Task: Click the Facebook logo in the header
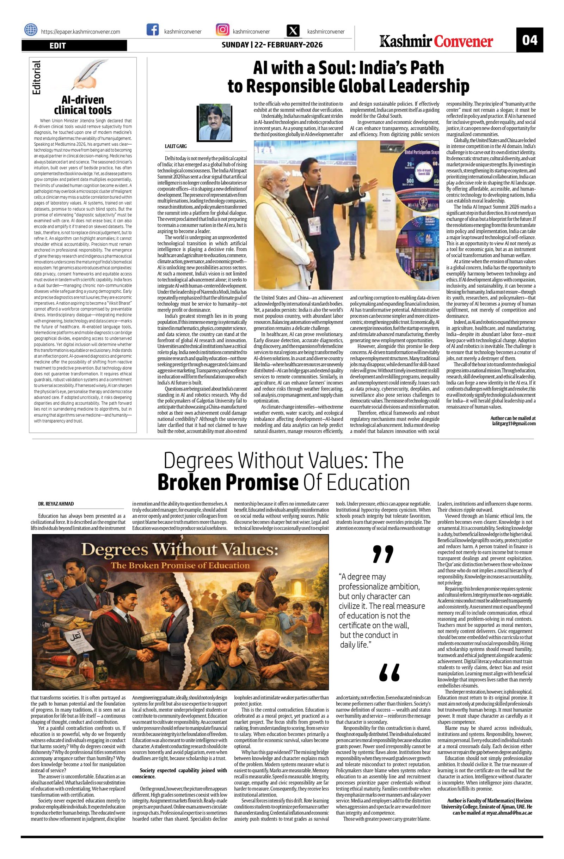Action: point(153,30)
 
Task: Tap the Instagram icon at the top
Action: point(222,30)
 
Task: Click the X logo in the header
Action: point(293,31)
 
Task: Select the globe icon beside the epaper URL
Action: point(31,30)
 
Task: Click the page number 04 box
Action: point(529,40)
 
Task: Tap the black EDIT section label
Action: point(74,46)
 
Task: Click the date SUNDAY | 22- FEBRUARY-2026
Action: point(272,45)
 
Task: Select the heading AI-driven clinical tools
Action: point(82,105)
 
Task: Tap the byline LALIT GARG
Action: point(176,146)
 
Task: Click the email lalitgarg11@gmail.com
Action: point(514,423)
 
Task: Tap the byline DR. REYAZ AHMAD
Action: point(56,504)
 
